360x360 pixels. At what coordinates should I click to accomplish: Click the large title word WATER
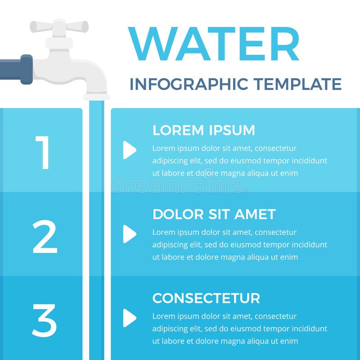click(x=214, y=44)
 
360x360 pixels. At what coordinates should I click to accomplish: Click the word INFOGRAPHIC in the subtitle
click(x=188, y=84)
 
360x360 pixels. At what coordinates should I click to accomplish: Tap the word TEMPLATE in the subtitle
click(x=297, y=84)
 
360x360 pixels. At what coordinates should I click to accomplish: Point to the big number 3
click(x=44, y=320)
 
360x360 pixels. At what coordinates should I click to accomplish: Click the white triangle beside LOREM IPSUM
click(x=129, y=150)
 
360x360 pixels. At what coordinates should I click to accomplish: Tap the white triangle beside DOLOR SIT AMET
click(x=129, y=234)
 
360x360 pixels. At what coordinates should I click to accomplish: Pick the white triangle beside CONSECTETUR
click(x=129, y=318)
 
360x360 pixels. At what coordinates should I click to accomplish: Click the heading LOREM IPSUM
click(x=203, y=130)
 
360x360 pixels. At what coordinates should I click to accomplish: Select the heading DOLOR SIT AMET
click(x=214, y=214)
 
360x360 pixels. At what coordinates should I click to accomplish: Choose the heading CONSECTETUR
click(x=206, y=298)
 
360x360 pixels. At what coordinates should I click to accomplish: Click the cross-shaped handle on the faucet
click(x=59, y=27)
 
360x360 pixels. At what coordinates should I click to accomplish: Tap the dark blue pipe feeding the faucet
click(x=16, y=69)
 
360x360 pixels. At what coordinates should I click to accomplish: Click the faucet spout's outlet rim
click(x=96, y=97)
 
